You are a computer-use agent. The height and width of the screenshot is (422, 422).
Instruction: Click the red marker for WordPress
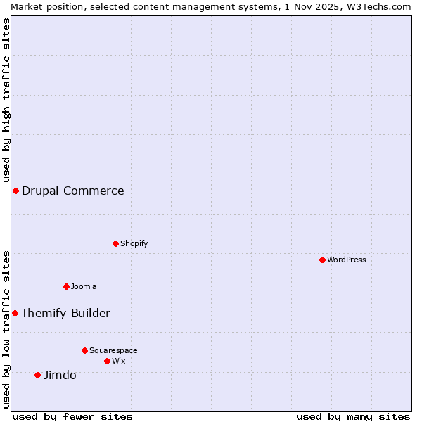point(322,260)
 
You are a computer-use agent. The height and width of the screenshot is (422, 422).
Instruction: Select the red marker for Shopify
point(115,243)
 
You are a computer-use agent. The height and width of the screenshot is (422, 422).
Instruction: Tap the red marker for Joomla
point(66,286)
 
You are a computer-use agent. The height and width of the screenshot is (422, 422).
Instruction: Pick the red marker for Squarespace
point(84,350)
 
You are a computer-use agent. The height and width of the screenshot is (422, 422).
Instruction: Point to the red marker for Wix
point(107,361)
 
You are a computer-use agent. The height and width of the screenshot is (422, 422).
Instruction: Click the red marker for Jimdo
point(38,375)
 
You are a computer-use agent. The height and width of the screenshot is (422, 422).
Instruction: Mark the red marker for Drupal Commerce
point(15,191)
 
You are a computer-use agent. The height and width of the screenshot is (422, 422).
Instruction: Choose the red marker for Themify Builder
point(15,313)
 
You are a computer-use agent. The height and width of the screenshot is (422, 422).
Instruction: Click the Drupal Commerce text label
point(73,191)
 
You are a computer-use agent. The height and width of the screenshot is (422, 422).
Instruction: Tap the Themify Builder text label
point(66,313)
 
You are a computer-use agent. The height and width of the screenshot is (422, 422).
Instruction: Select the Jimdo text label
point(60,375)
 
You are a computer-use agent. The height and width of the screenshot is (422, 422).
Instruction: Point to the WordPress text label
point(347,260)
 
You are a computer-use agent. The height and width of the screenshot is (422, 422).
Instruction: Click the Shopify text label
point(134,243)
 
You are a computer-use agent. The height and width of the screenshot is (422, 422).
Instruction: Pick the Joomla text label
point(84,286)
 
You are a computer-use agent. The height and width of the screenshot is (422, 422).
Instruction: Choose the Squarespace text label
point(113,350)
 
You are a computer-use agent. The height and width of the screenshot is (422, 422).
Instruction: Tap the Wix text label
point(119,361)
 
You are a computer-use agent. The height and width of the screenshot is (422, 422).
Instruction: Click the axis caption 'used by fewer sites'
point(72,416)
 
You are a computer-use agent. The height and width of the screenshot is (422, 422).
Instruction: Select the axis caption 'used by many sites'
point(353,416)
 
